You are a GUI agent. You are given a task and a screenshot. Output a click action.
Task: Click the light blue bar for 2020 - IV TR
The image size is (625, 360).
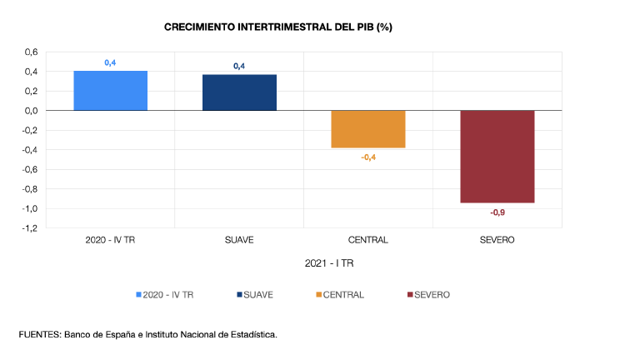[111, 90]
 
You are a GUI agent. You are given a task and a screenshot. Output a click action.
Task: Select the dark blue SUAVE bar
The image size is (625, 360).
[239, 92]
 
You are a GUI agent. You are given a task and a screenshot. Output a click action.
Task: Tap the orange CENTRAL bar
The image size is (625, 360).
[368, 129]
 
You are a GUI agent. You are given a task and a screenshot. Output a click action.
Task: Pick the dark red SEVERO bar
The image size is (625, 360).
[497, 156]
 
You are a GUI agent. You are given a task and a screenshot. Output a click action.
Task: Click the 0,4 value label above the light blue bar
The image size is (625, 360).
[110, 62]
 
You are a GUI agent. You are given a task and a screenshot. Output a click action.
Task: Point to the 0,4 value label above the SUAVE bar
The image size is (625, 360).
[239, 66]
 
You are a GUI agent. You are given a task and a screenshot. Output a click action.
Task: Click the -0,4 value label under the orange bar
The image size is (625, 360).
[368, 157]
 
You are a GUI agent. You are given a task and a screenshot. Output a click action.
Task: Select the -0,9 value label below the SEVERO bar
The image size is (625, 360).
[497, 212]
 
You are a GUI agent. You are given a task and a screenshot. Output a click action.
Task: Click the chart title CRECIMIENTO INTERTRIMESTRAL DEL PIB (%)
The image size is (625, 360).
[278, 27]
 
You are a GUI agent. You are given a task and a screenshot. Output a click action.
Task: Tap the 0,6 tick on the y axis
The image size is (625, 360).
[31, 52]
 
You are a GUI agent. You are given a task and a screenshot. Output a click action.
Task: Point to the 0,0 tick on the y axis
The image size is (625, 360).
[31, 110]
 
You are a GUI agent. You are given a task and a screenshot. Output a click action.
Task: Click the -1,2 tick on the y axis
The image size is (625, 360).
[29, 227]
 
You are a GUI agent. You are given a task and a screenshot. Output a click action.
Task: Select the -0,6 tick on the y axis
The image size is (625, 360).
[29, 169]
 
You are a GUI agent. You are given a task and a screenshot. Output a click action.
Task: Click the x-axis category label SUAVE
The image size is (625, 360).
[239, 240]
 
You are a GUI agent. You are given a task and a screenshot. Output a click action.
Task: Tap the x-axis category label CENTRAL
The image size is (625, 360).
[368, 240]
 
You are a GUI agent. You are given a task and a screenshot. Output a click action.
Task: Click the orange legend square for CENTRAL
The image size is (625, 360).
[319, 294]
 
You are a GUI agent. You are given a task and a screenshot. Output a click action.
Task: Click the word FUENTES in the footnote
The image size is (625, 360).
[38, 334]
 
